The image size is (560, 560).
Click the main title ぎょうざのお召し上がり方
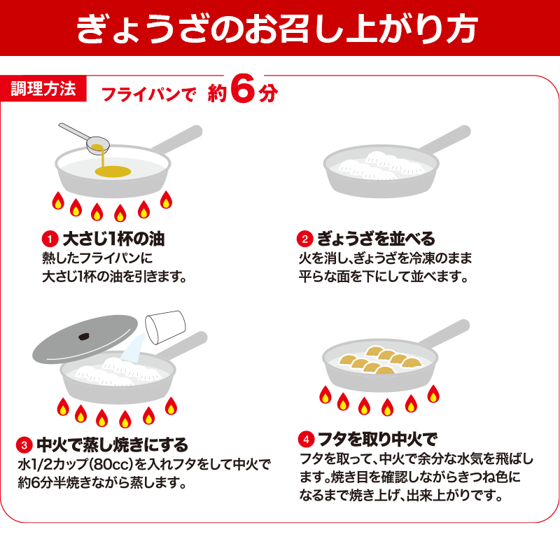pyautogui.click(x=280, y=28)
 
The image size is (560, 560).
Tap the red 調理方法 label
pyautogui.click(x=43, y=89)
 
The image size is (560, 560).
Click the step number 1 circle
pyautogui.click(x=49, y=238)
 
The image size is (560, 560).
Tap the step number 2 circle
pyautogui.click(x=304, y=238)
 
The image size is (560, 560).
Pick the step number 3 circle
pyautogui.click(x=24, y=444)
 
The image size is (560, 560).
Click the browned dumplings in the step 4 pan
pyautogui.click(x=381, y=360)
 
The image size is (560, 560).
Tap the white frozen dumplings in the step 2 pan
pyautogui.click(x=378, y=166)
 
